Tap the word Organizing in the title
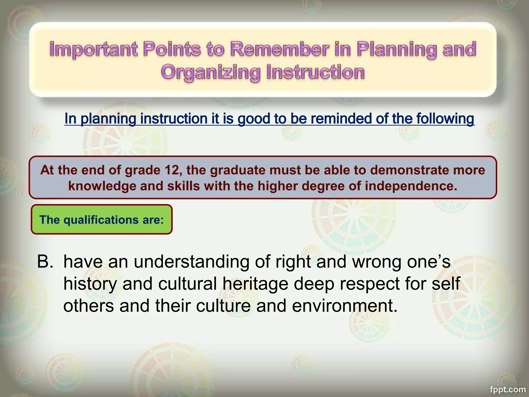pos(210,72)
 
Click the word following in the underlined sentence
pos(445,119)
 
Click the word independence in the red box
pos(411,186)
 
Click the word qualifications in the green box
pos(101,220)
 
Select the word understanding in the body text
pos(191,262)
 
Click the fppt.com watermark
pos(508,389)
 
